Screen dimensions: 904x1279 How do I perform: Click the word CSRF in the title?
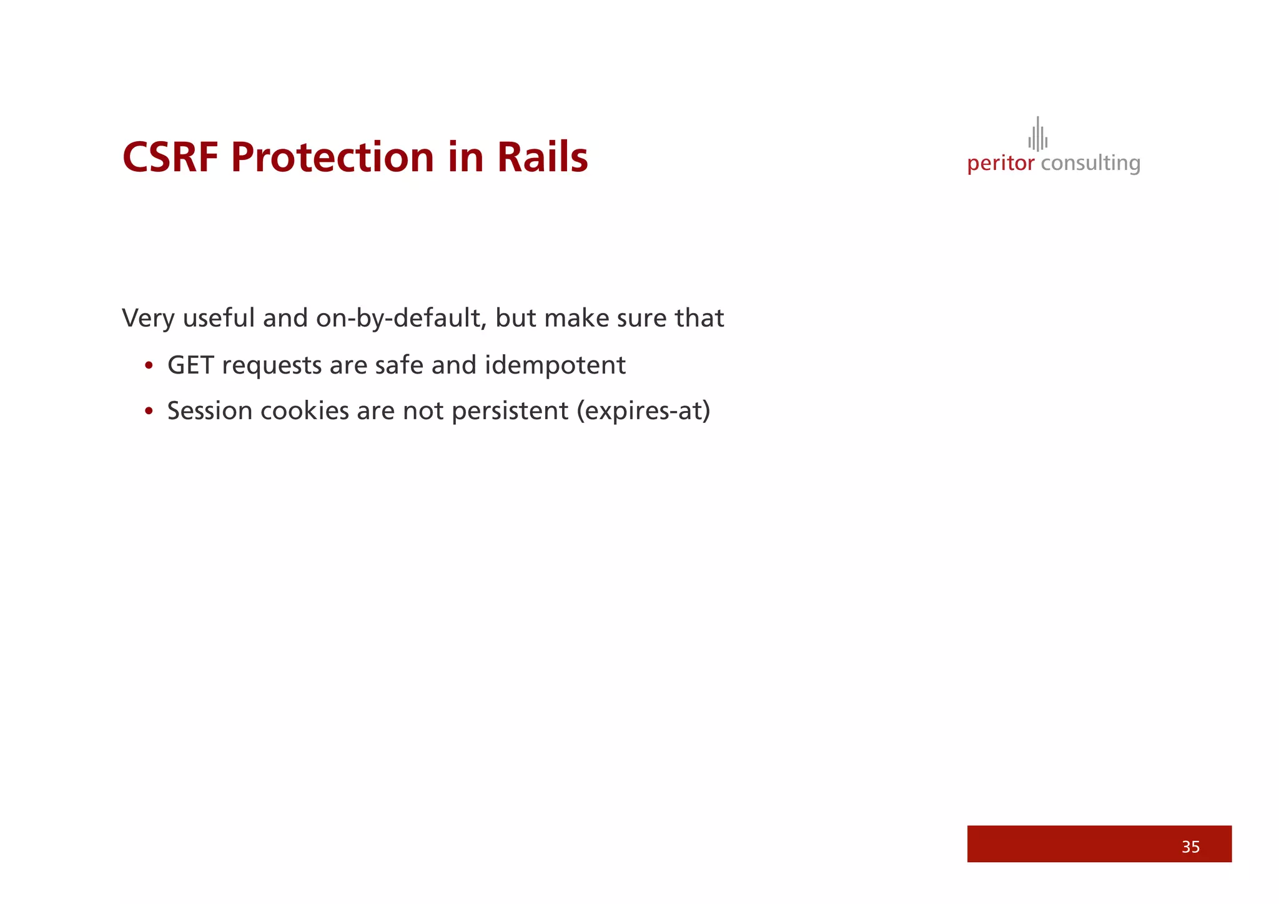tap(170, 157)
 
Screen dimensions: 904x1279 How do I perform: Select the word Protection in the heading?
tap(332, 157)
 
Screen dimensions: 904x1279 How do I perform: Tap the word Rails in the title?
tap(542, 157)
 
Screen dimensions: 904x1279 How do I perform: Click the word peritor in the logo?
tap(1000, 164)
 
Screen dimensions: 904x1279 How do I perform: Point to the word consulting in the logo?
tap(1090, 164)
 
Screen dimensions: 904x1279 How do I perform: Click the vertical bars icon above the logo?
tap(1037, 134)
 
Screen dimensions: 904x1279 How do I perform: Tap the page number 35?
tap(1190, 847)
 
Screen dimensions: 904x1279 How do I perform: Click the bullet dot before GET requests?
tap(149, 366)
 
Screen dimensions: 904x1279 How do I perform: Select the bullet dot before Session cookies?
tap(149, 412)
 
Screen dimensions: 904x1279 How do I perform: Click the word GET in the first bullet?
tap(190, 365)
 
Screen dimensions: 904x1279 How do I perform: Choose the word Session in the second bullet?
tap(209, 411)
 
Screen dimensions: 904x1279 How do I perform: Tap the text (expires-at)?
tap(643, 411)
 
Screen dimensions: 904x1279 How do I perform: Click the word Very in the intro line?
tap(148, 319)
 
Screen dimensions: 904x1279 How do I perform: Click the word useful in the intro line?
tap(219, 319)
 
